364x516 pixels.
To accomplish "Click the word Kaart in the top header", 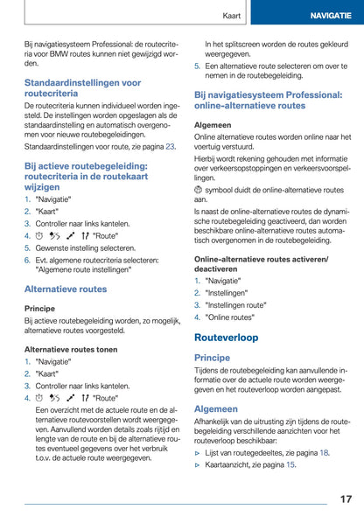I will [231, 16].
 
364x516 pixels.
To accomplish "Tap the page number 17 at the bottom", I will [346, 499].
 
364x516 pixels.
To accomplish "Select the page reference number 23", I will [171, 147].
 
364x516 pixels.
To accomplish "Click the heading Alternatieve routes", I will [66, 289].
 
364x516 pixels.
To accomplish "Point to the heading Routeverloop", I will [226, 337].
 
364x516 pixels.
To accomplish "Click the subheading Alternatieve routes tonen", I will [70, 348].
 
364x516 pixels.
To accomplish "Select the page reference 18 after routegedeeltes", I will [325, 452].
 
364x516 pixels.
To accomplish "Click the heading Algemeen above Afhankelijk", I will [215, 408].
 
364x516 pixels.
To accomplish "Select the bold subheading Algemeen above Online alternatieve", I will [213, 125].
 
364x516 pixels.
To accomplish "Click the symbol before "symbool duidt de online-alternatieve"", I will [199, 190].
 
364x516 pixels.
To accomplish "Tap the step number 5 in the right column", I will [197, 66].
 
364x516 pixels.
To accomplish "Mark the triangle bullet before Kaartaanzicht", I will [198, 464].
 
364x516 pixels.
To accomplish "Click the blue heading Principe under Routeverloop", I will [212, 358].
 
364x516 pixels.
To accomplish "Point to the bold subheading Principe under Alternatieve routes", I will [39, 309].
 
